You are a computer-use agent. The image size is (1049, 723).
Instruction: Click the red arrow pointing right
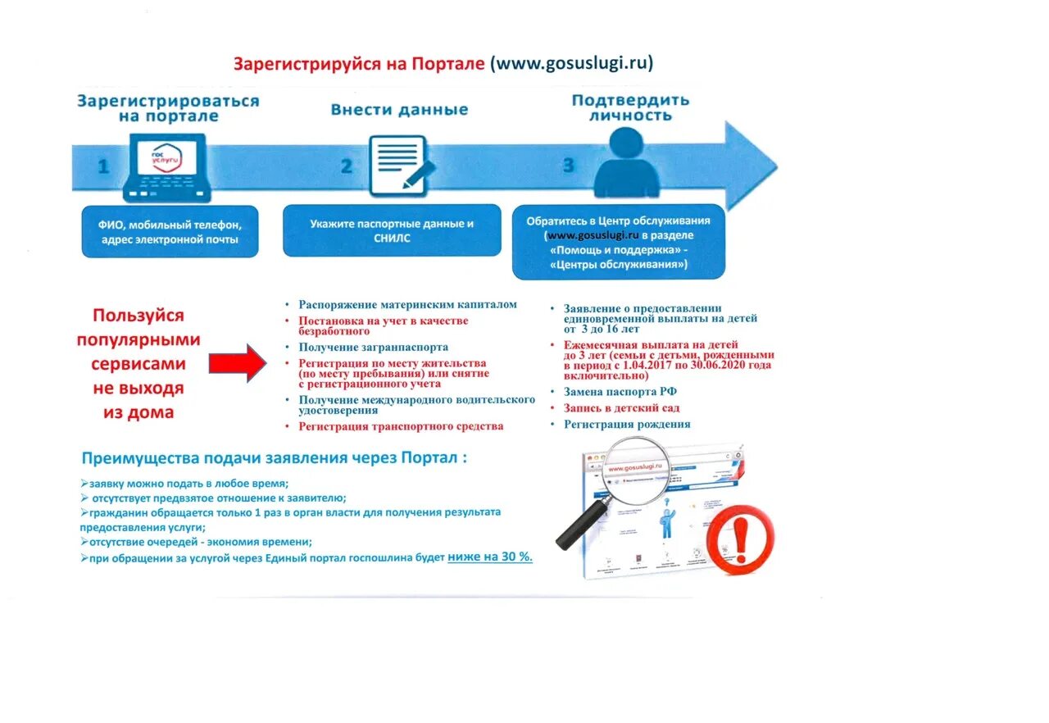pyautogui.click(x=237, y=362)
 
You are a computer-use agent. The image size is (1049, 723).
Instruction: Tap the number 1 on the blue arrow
pyautogui.click(x=103, y=166)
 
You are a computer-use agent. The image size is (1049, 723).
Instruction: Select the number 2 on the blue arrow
pyautogui.click(x=346, y=166)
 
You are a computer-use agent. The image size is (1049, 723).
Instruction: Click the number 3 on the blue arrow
pyautogui.click(x=568, y=166)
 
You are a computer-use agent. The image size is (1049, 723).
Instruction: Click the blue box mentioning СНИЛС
pyautogui.click(x=392, y=230)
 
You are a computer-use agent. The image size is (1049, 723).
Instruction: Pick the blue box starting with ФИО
pyautogui.click(x=170, y=231)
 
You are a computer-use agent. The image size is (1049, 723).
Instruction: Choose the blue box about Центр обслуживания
pyautogui.click(x=618, y=243)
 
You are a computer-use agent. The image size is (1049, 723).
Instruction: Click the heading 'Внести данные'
pyautogui.click(x=399, y=110)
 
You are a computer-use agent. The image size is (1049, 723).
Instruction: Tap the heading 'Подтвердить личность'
pyautogui.click(x=630, y=108)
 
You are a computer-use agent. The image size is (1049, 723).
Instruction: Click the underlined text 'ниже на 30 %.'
pyautogui.click(x=489, y=557)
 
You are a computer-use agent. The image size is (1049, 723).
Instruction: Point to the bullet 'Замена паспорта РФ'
pyautogui.click(x=620, y=392)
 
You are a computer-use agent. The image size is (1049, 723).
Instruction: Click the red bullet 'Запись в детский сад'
pyautogui.click(x=621, y=407)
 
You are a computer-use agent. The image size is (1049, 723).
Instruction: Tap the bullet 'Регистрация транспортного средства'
pyautogui.click(x=401, y=426)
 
